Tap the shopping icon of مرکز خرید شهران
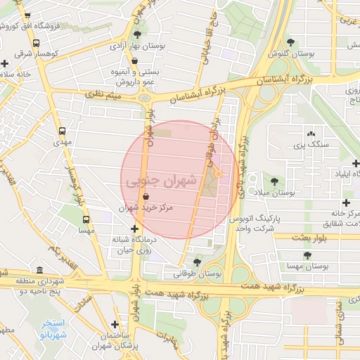tap(146, 198)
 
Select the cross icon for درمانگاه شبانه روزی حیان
tap(134, 229)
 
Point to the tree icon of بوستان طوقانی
tap(198, 262)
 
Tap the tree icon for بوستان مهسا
tap(307, 255)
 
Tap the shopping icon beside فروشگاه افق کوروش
tap(27, 16)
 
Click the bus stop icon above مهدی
tap(63, 131)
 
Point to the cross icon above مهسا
tap(87, 219)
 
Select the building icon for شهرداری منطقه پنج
tap(39, 271)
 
